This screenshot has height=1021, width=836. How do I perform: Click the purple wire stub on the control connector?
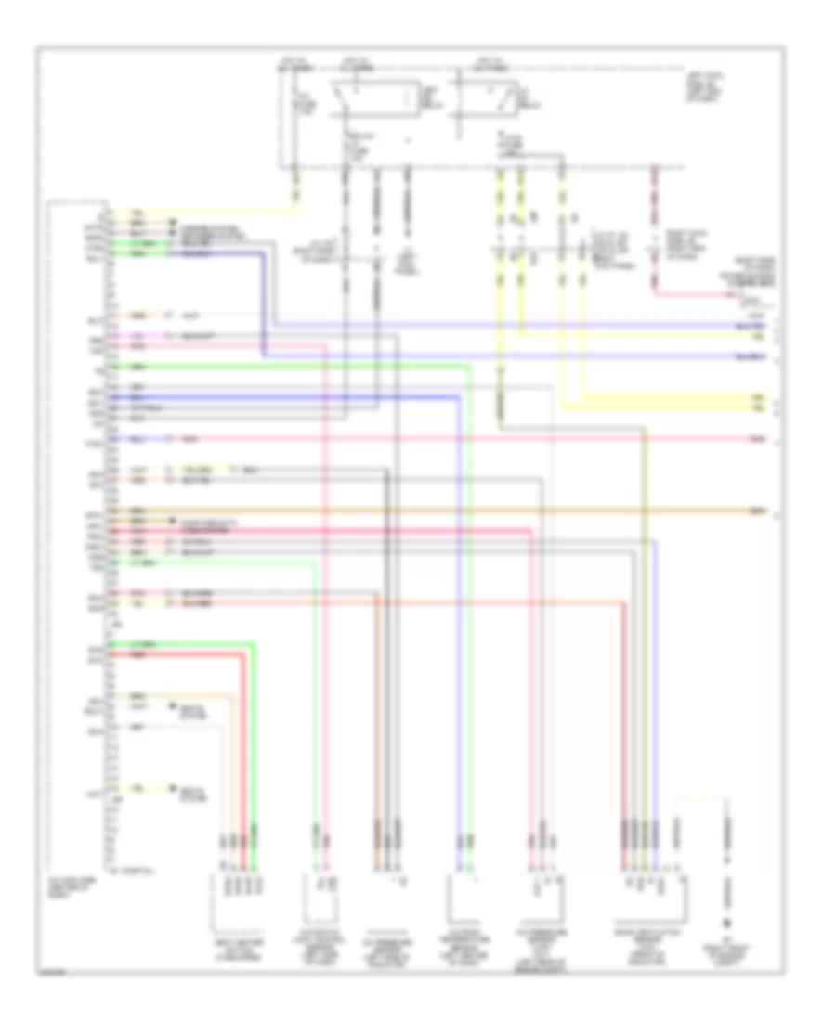[139, 334]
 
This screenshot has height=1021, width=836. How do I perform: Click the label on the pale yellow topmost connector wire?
[137, 211]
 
